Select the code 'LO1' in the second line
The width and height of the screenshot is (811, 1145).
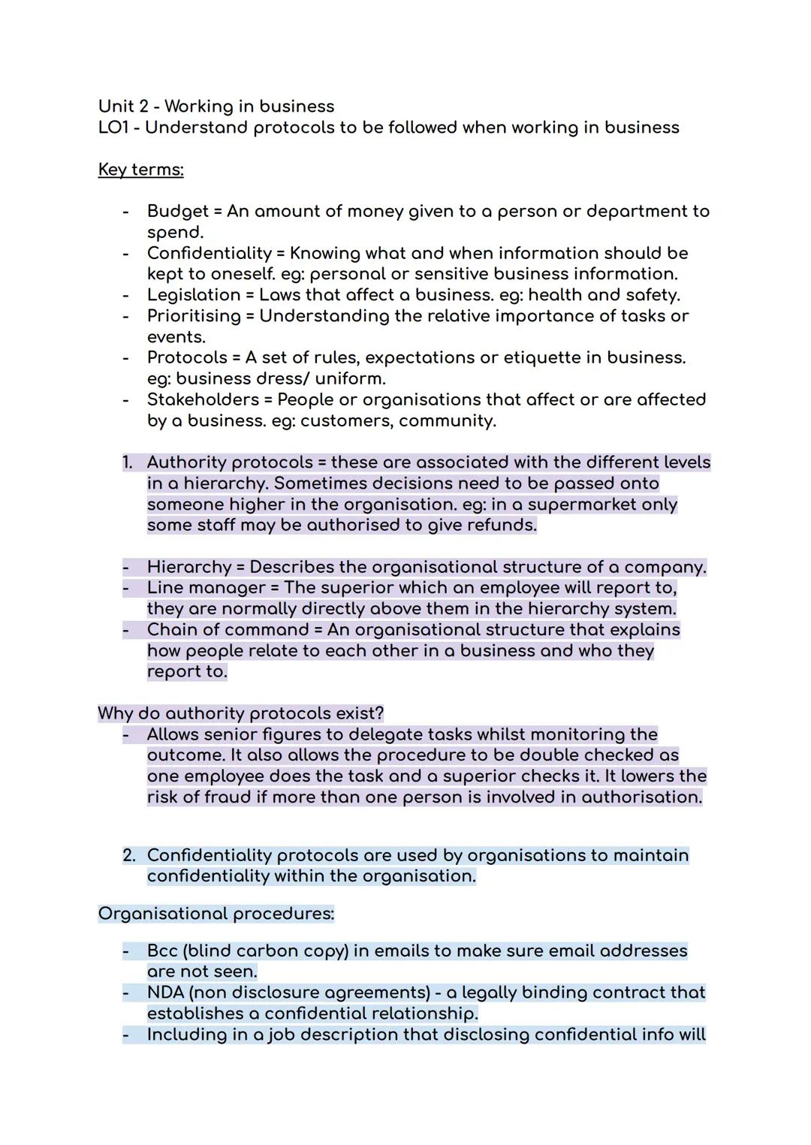point(113,128)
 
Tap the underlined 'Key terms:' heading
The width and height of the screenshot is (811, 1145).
point(140,170)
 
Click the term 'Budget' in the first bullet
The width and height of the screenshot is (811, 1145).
point(177,212)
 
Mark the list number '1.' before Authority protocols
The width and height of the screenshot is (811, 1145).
point(128,463)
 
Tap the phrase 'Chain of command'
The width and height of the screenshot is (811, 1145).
point(228,630)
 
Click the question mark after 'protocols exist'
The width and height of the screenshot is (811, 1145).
point(379,713)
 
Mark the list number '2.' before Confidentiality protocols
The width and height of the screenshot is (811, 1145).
point(129,855)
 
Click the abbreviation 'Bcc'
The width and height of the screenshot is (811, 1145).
point(162,951)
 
